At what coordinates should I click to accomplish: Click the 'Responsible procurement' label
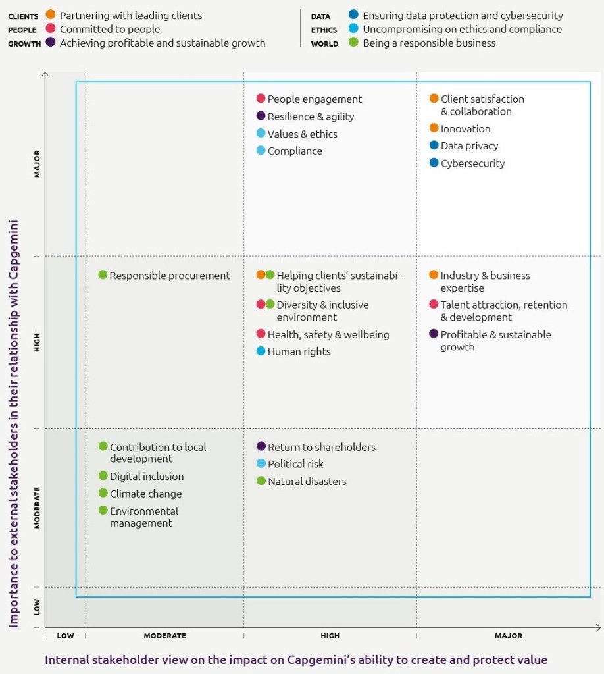(x=170, y=276)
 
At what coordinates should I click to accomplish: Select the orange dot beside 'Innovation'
(x=434, y=128)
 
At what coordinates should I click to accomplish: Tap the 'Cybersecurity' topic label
(x=472, y=163)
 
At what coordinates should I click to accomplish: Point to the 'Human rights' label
(x=299, y=351)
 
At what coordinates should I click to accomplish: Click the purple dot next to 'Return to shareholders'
(x=261, y=446)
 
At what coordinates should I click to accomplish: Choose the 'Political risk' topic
(x=295, y=464)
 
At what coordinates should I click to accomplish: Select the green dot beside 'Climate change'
(x=103, y=493)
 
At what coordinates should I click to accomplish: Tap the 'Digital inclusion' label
(x=147, y=477)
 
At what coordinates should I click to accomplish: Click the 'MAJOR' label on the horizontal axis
(x=508, y=636)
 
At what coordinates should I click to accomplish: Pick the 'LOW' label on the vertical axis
(x=38, y=606)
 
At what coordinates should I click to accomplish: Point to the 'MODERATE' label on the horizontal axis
(x=164, y=636)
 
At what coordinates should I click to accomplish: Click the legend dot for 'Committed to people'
(x=50, y=29)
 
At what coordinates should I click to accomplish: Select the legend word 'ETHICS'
(x=324, y=30)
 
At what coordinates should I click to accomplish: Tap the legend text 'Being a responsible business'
(x=429, y=43)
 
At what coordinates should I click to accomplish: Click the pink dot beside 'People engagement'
(x=261, y=99)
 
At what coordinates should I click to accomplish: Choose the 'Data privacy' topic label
(x=469, y=146)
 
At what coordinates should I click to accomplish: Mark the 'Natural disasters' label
(x=307, y=482)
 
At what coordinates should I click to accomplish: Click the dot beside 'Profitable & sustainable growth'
(x=434, y=334)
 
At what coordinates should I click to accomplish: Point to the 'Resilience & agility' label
(x=311, y=117)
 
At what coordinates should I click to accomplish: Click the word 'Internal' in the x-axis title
(x=66, y=660)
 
